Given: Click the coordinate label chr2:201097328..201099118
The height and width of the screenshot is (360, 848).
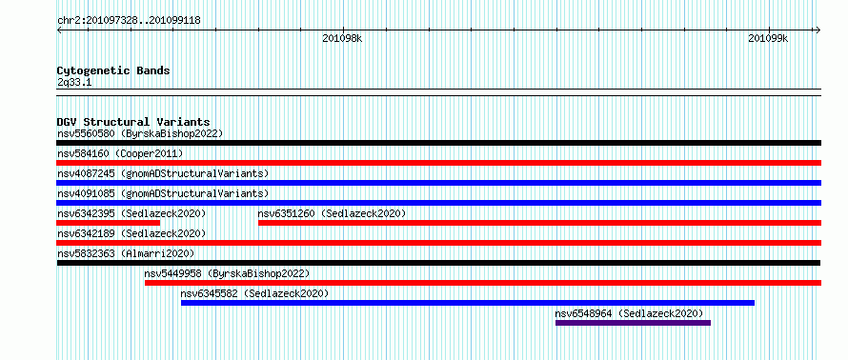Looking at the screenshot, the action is [x=129, y=21].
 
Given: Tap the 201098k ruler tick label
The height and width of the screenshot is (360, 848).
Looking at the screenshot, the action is [x=342, y=38].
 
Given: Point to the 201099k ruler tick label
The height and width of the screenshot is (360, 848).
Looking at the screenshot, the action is [x=768, y=38].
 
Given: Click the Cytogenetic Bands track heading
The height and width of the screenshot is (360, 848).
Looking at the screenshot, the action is [x=113, y=70].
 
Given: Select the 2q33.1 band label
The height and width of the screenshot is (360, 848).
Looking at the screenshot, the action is [x=74, y=83].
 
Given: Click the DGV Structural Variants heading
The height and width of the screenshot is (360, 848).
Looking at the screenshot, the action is [x=133, y=122].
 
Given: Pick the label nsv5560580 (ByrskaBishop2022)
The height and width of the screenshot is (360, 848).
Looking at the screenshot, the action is [x=140, y=133].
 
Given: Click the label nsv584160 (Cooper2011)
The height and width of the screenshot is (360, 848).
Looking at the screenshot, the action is [x=120, y=153].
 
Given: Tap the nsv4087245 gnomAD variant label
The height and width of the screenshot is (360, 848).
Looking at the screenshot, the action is [x=163, y=173].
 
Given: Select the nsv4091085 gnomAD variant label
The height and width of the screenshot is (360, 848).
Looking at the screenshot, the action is [x=163, y=193].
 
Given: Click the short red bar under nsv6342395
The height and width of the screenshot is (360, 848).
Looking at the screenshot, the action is [x=109, y=223].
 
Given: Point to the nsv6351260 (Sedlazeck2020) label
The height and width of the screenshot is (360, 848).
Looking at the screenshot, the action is [x=332, y=213].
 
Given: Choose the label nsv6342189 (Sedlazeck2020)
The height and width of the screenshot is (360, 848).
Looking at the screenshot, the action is [x=131, y=233].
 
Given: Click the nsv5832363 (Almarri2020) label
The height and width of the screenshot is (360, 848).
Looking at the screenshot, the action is [x=126, y=253].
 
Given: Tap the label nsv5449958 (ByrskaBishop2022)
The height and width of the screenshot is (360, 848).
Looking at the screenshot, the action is [x=227, y=273].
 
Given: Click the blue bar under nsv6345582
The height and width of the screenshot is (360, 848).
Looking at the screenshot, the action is [x=468, y=303].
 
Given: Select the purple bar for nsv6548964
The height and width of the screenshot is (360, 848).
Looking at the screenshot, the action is [x=633, y=323].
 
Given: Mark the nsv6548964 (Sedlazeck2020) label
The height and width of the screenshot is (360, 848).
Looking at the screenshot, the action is [x=629, y=313].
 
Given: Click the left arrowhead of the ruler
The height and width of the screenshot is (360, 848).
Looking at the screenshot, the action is [x=58, y=30].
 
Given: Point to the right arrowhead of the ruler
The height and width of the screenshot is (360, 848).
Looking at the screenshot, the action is [x=819, y=30].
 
